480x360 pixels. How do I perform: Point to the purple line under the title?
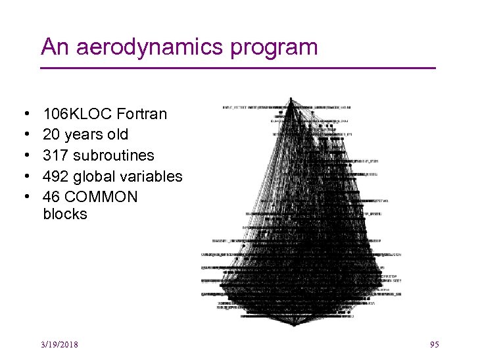(238, 68)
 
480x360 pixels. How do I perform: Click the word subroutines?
(114, 156)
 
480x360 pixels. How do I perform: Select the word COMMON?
(101, 197)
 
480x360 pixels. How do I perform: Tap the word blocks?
(64, 215)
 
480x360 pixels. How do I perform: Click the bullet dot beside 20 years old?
(23, 135)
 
